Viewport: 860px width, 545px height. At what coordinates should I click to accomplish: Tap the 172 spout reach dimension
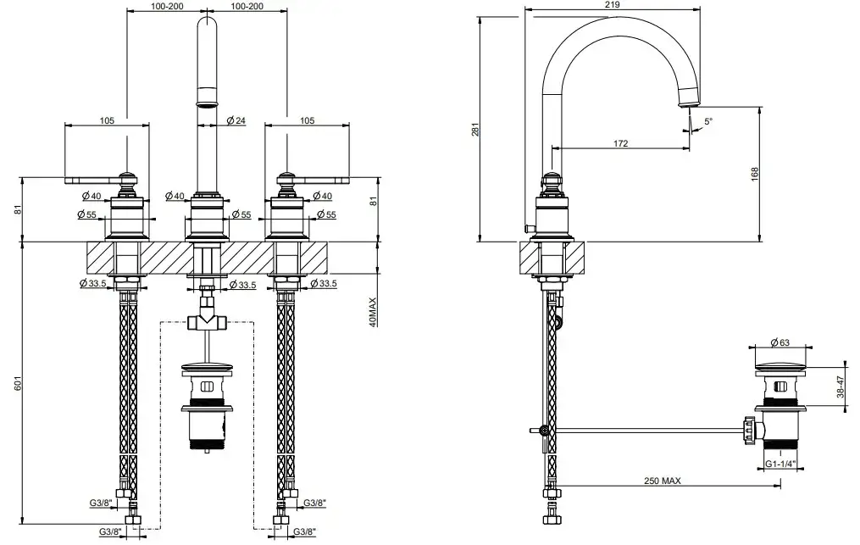620,143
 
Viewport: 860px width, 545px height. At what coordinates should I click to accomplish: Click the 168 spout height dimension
754,174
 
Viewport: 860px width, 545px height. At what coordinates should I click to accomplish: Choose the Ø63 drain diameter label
780,342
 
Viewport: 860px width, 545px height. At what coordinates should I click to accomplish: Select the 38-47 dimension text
840,387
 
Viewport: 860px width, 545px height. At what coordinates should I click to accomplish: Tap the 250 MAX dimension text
662,481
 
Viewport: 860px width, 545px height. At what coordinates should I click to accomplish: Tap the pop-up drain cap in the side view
780,364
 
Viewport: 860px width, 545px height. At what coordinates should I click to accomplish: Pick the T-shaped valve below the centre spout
206,320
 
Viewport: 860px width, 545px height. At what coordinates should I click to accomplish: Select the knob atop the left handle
127,180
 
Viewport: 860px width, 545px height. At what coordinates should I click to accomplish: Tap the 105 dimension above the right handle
307,120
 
